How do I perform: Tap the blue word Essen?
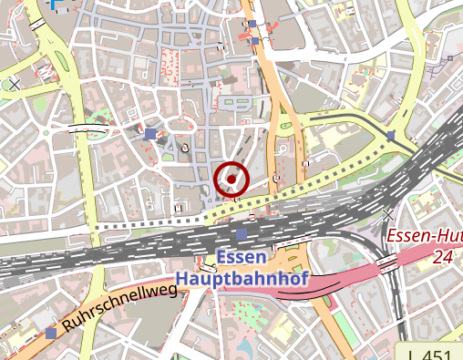(242, 257)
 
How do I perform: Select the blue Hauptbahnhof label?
(241, 278)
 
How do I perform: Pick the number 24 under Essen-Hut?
(443, 258)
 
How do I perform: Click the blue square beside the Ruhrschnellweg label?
(50, 334)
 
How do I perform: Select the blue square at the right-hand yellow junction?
(391, 135)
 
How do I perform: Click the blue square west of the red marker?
(150, 135)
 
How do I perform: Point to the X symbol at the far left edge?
(14, 85)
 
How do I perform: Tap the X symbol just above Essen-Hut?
(390, 215)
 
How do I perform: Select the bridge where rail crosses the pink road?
(387, 263)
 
